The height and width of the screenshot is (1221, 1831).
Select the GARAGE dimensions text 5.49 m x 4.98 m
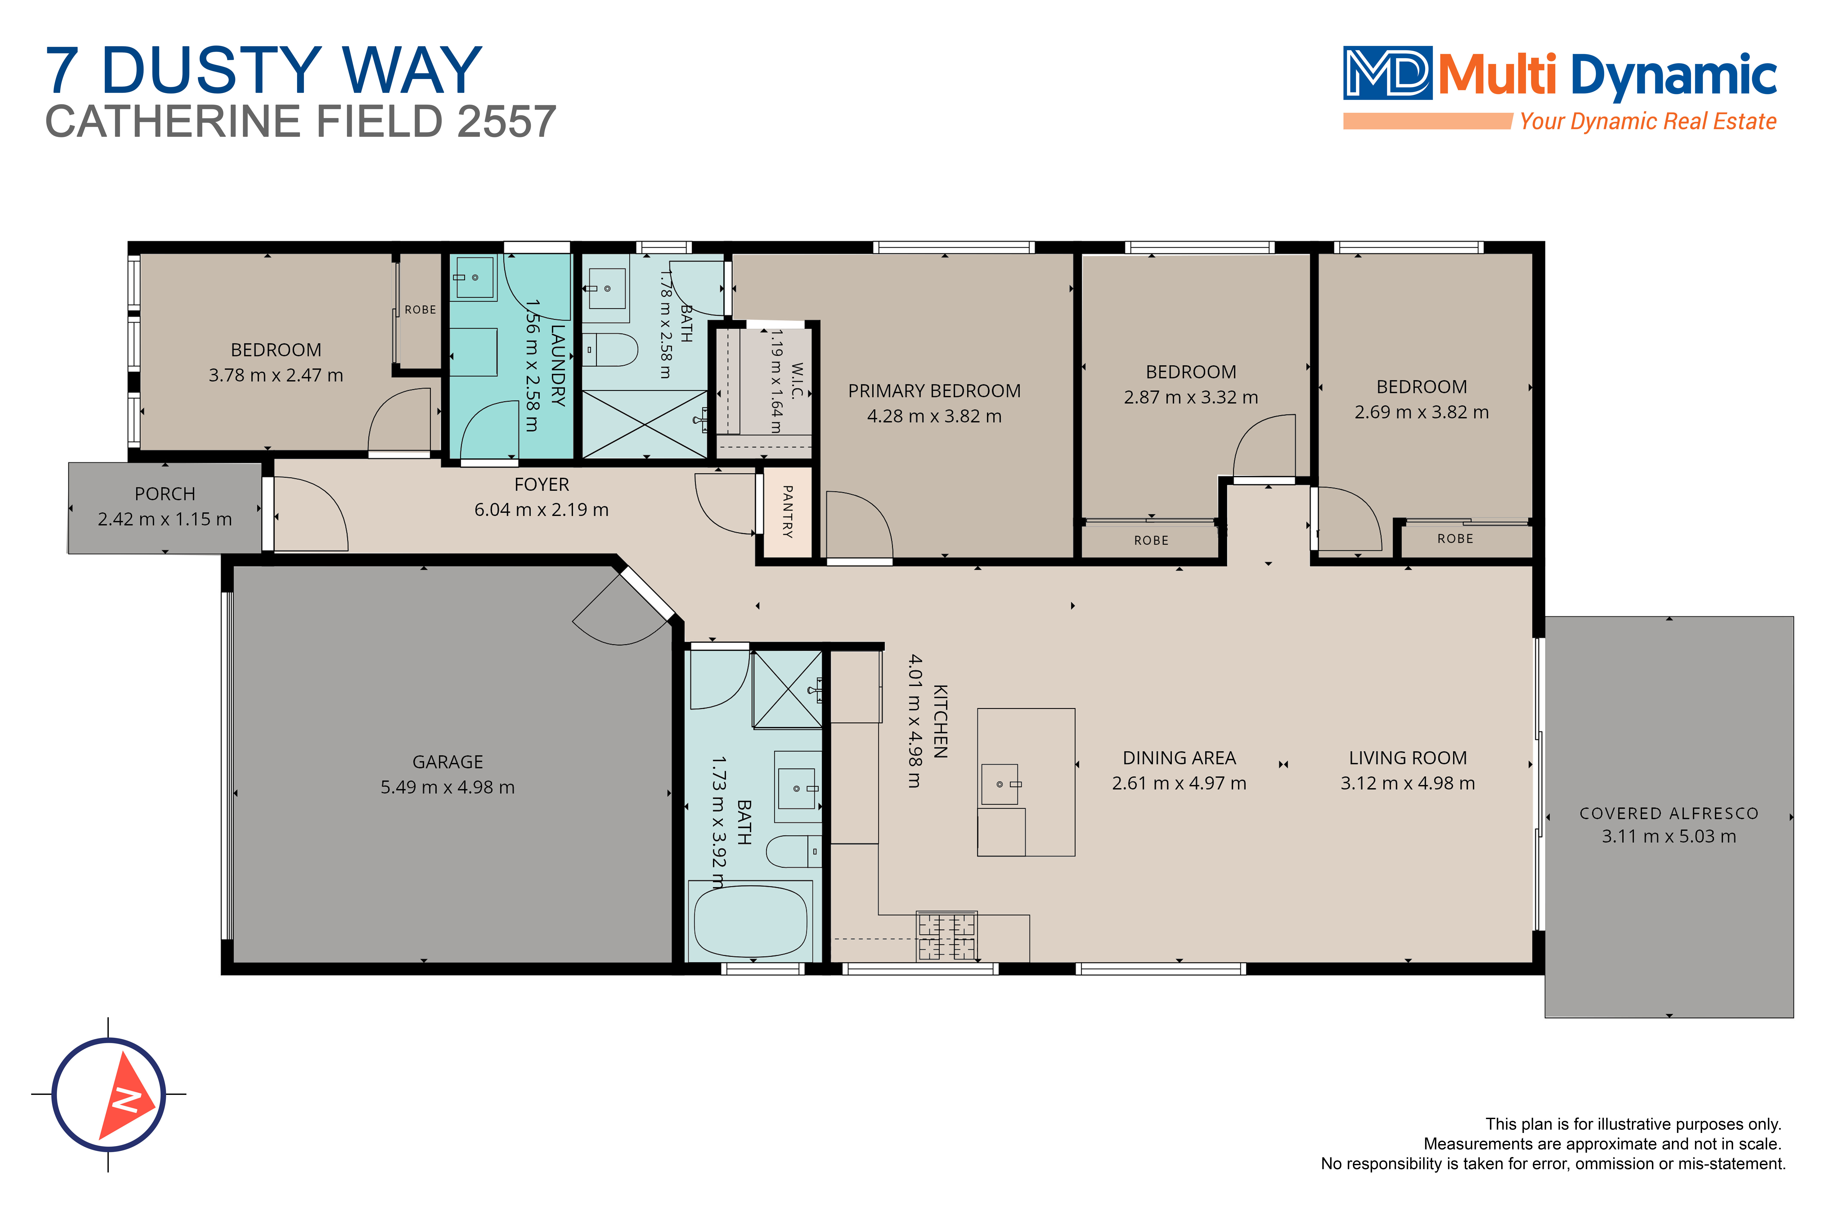tap(448, 787)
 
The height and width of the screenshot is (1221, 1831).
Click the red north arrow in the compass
tap(126, 1096)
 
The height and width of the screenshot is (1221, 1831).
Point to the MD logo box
tap(1387, 73)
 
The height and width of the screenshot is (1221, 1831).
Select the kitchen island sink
tap(1000, 784)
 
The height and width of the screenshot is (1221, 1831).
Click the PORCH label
tap(165, 494)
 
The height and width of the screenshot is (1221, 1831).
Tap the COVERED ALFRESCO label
tap(1669, 814)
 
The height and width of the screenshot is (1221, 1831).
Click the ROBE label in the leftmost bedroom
tap(421, 310)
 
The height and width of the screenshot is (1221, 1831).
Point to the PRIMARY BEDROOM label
tap(935, 391)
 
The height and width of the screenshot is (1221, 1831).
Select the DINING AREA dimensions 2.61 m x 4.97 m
tap(1179, 783)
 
